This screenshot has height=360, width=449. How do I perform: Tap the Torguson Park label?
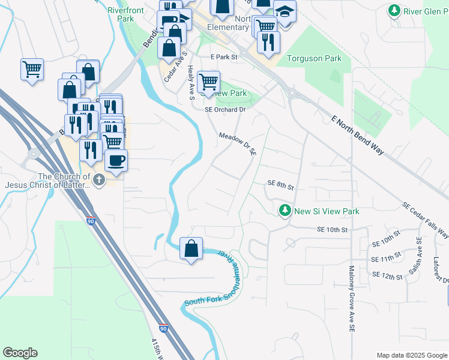pyautogui.click(x=314, y=58)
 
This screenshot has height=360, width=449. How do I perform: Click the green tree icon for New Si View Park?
pyautogui.click(x=285, y=211)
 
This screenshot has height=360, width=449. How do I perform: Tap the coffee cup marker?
pyautogui.click(x=116, y=160)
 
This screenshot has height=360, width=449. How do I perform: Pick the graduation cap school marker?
pyautogui.click(x=285, y=11)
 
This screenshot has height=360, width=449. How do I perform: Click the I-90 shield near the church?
pyautogui.click(x=90, y=221)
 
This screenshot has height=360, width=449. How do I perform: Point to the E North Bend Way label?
pyautogui.click(x=357, y=135)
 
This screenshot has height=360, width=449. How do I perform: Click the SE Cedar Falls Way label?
pyautogui.click(x=425, y=220)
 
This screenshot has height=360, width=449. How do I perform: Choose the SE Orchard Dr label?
pyautogui.click(x=225, y=110)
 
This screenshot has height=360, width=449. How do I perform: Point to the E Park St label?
pyautogui.click(x=224, y=57)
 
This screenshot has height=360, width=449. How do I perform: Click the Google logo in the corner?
pyautogui.click(x=20, y=353)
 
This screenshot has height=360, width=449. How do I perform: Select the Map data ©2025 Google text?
pyautogui.click(x=411, y=355)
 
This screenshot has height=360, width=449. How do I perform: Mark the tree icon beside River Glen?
pyautogui.click(x=394, y=10)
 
